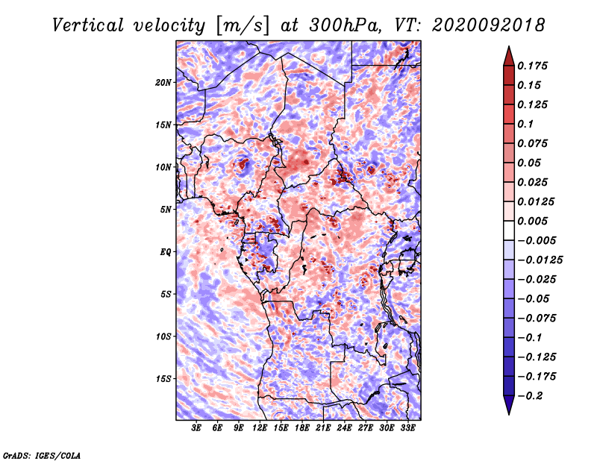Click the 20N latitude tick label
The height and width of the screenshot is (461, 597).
tap(163, 83)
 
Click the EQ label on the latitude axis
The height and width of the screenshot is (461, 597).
tap(165, 252)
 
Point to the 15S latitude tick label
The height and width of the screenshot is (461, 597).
tap(163, 379)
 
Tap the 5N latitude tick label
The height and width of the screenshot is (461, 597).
tap(166, 210)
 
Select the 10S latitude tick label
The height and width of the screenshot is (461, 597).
tap(163, 337)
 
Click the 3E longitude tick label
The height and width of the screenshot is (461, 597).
tap(196, 428)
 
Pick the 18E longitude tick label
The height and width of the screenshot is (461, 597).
tap(302, 428)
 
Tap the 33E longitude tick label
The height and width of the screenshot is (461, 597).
tap(407, 428)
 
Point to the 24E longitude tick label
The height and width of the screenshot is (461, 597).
tap(344, 428)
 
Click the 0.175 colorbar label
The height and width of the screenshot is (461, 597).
tap(532, 66)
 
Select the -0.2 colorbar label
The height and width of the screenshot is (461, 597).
tap(530, 396)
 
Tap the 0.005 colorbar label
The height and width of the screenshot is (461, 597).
tap(532, 221)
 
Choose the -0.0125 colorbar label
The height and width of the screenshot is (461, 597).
tap(540, 260)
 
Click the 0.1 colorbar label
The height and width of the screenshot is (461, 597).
tap(525, 124)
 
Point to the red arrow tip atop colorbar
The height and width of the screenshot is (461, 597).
tap(509, 46)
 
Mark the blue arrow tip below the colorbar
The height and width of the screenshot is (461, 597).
tap(509, 414)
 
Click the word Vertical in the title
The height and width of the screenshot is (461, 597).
tap(88, 25)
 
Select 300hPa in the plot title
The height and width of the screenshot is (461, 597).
tap(345, 25)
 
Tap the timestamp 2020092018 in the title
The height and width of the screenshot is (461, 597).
tap(489, 25)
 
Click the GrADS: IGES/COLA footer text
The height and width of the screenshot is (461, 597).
tap(42, 456)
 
